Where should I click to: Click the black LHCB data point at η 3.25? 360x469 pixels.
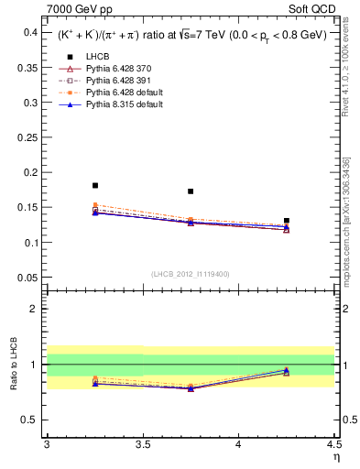pos(95,185)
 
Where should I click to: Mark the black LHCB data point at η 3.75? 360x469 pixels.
pos(191,191)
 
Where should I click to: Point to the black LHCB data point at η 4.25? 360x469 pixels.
pos(287,221)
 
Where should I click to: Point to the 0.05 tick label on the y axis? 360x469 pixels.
pos(28,278)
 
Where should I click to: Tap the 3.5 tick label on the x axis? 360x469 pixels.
pos(142,444)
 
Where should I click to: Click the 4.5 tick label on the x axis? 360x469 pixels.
pos(333,444)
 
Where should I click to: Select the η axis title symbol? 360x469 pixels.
pos(335,455)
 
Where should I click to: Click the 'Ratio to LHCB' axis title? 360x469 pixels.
pos(13,364)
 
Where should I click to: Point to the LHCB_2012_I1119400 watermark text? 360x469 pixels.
pos(191,274)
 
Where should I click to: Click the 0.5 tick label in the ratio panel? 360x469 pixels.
pos(30,420)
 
